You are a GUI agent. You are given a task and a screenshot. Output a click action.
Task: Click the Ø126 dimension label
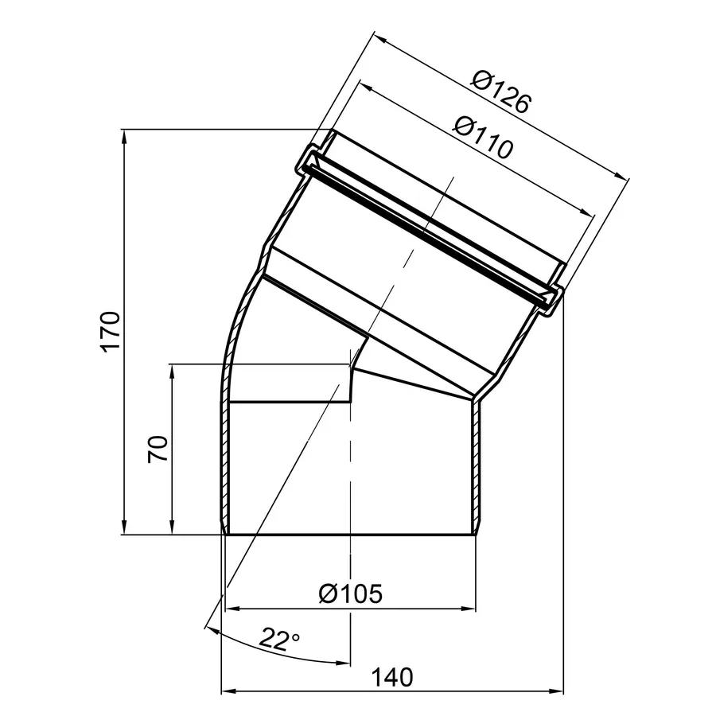click(502, 91)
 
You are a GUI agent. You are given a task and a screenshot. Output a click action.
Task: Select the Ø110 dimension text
click(484, 137)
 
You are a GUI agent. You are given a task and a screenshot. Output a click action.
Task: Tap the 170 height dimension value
click(111, 332)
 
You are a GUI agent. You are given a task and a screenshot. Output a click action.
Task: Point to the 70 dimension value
click(158, 449)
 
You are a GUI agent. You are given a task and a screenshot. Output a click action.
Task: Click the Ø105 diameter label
click(351, 593)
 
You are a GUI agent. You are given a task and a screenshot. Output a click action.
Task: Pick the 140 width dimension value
click(392, 677)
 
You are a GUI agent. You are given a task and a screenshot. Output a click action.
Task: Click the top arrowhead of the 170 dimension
click(123, 137)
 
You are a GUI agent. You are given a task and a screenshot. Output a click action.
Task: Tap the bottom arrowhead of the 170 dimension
click(123, 527)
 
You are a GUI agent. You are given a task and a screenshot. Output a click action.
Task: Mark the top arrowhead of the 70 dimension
click(172, 372)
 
